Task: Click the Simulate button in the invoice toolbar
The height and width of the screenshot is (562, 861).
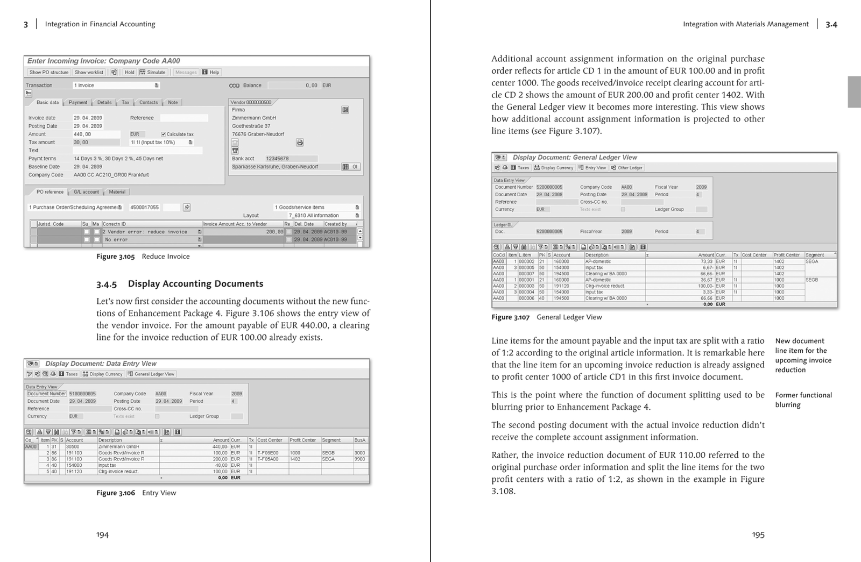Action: click(x=153, y=72)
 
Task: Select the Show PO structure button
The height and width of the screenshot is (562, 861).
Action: click(x=48, y=72)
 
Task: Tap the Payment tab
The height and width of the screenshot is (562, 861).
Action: click(x=77, y=102)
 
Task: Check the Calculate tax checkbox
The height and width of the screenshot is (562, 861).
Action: click(x=164, y=134)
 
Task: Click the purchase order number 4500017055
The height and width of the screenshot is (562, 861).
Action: click(x=145, y=207)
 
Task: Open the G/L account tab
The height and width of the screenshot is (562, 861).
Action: click(x=86, y=191)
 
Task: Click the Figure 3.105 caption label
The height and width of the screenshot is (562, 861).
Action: click(x=115, y=257)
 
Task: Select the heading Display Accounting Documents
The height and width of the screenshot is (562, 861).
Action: click(x=195, y=283)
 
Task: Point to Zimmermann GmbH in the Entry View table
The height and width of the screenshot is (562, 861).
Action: click(x=118, y=446)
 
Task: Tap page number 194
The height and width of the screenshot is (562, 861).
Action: click(x=102, y=535)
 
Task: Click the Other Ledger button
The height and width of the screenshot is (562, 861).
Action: click(x=627, y=168)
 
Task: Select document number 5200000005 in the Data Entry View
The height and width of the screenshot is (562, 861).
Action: click(x=549, y=187)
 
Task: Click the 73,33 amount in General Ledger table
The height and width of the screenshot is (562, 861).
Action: click(x=707, y=261)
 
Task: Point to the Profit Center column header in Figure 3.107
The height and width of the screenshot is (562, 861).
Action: click(x=786, y=255)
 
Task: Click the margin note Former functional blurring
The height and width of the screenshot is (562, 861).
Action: click(x=803, y=400)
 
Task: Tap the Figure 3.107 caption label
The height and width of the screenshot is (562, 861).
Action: click(x=511, y=317)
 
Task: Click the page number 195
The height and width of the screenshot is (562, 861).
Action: click(x=758, y=535)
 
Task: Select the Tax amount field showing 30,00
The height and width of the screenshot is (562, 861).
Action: click(x=96, y=143)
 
